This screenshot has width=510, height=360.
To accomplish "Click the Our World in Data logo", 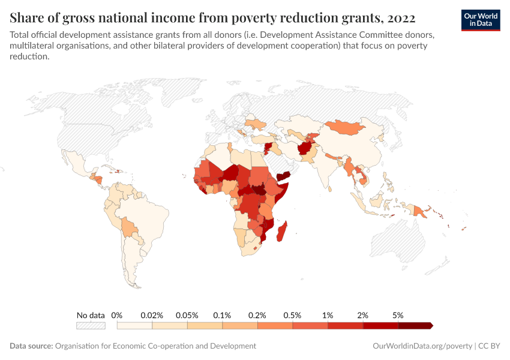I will coord(481,20).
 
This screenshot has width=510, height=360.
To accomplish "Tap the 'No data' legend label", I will coord(91,315).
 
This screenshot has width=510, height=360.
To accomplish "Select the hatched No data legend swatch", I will coord(91,326).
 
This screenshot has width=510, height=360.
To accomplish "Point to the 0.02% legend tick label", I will coord(152,315).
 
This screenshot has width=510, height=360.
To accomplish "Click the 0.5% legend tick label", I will coord(293,315).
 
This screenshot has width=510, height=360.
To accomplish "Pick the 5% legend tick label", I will coord(398,315).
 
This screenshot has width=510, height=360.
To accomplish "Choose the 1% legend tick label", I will coord(328,315).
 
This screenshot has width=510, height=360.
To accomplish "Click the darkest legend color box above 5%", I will coord(415,326).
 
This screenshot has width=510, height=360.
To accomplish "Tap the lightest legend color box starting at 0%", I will coord(134,326).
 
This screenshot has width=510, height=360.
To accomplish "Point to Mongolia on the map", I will coord(347,127).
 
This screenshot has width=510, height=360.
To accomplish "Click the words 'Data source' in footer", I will coord(31,346).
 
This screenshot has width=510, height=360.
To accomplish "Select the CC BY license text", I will coord(489,346).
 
